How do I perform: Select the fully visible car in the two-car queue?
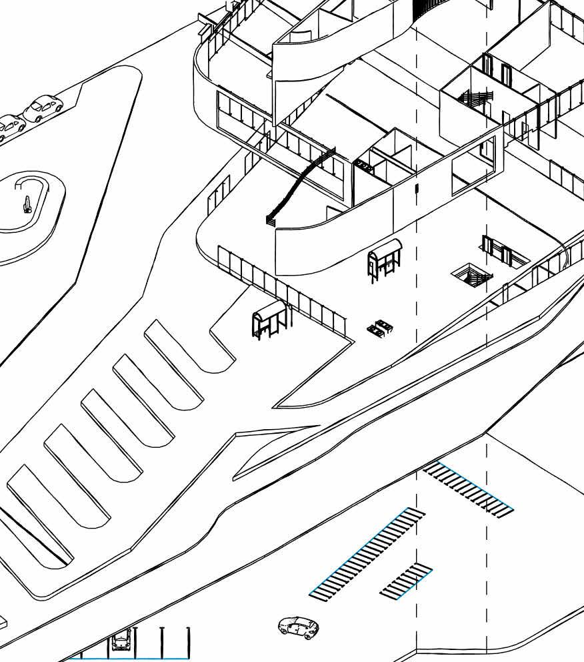43,107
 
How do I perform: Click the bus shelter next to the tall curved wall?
384,258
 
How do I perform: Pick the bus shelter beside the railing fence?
269,318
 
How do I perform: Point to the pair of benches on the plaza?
380,327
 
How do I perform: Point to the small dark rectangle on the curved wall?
416,188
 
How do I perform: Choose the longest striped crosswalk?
367,553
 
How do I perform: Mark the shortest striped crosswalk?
406,580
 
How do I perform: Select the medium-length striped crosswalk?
469,489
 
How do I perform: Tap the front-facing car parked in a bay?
121,641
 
